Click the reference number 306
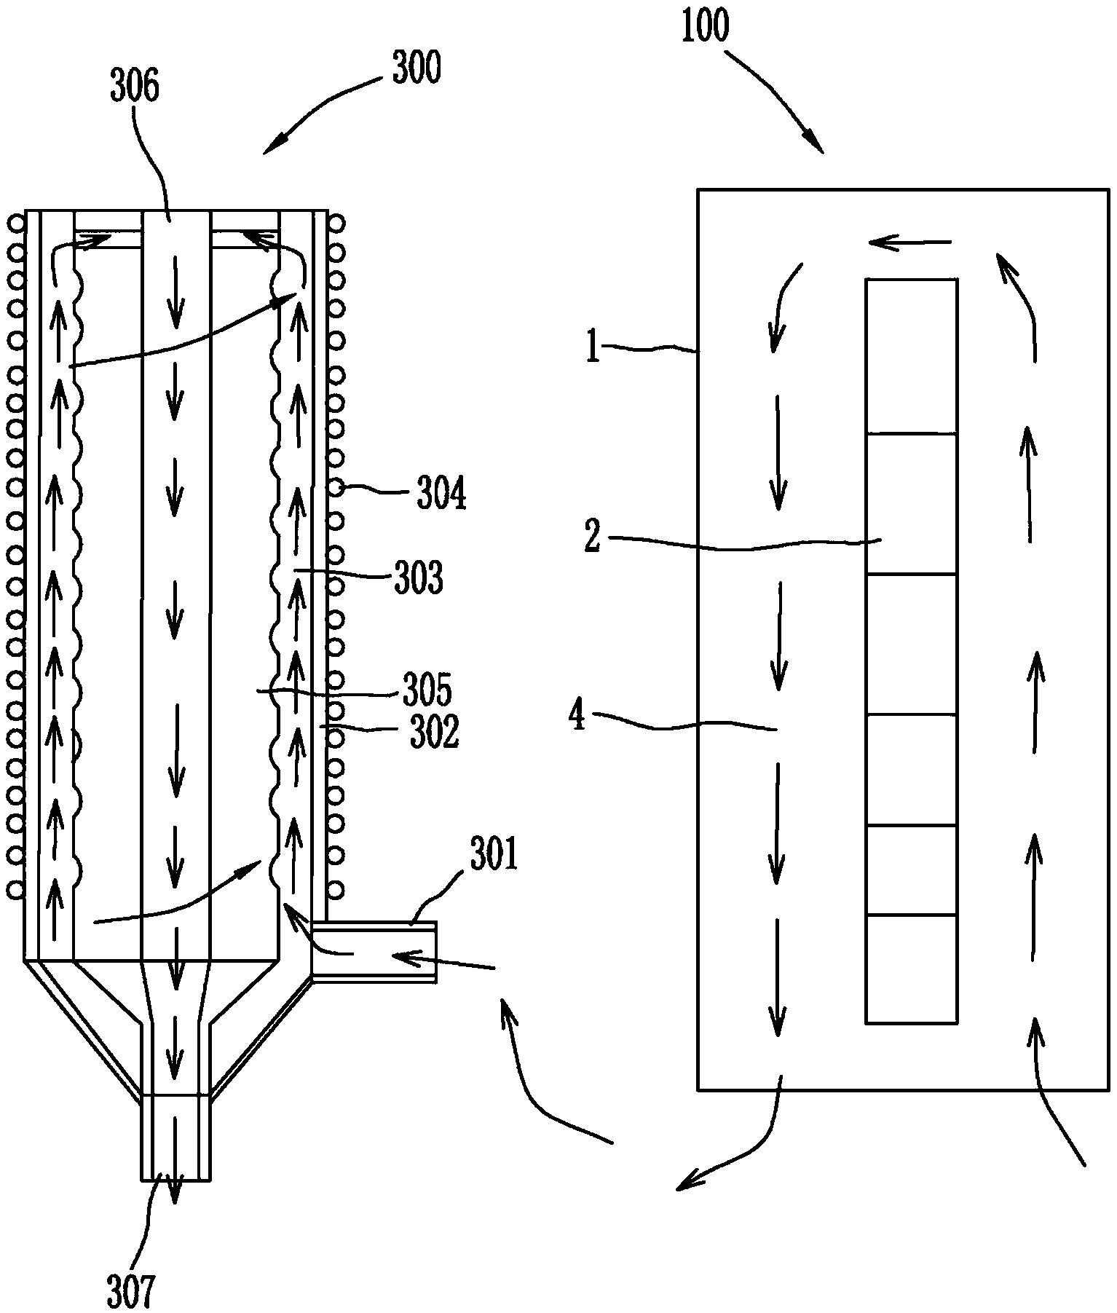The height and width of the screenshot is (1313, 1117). pos(135,87)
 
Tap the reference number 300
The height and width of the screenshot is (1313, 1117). pos(416,71)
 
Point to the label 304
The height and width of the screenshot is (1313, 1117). pos(441,494)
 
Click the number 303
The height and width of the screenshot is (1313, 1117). pos(419,579)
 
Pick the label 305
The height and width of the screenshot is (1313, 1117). pos(427,690)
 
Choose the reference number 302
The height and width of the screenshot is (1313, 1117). pos(435,733)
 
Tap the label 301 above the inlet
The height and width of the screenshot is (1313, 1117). pos(494,855)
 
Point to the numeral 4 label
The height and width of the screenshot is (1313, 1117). pos(577,716)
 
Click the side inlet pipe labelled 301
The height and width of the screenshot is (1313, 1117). pos(374,953)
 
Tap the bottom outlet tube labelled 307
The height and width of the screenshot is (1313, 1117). pos(176,1137)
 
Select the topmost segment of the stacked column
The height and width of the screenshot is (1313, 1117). pos(911,356)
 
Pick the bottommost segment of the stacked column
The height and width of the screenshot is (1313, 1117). pos(911,969)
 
